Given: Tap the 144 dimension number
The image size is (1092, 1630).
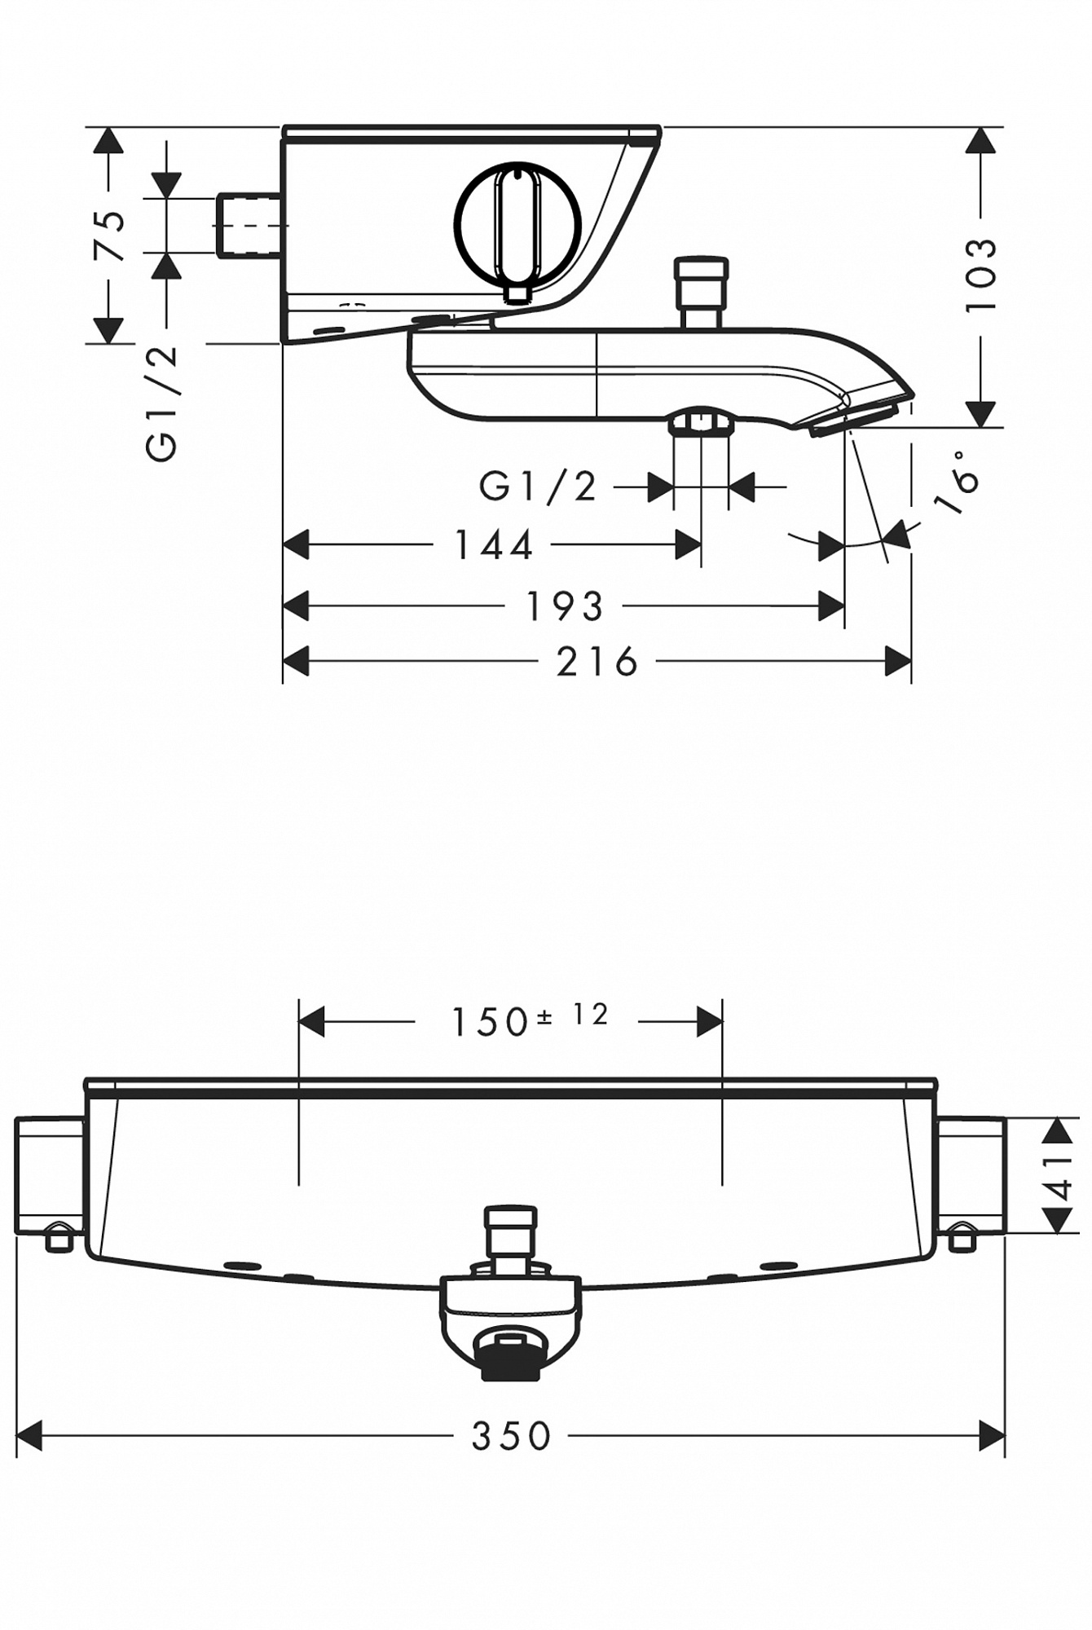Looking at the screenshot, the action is (493, 545).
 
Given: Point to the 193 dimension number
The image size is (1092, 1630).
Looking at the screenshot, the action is (565, 606).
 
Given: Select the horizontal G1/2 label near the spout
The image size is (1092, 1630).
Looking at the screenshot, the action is (538, 487).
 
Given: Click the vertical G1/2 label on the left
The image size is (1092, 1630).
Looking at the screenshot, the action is (161, 403).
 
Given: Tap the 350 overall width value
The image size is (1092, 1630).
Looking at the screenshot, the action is (512, 1437).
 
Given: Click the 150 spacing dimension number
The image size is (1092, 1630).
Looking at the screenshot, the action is (491, 1022).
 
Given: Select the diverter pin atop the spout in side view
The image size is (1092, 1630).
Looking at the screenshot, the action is (701, 292).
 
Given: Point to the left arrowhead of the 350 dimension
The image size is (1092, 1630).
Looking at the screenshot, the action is (29, 1436).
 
